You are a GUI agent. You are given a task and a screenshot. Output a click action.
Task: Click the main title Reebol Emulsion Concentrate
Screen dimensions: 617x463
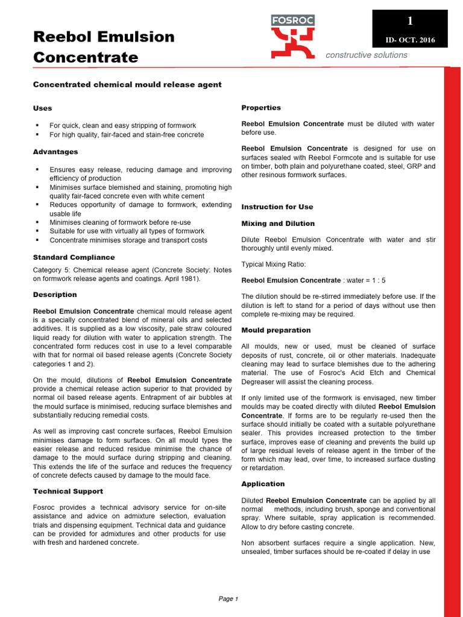[x=103, y=47]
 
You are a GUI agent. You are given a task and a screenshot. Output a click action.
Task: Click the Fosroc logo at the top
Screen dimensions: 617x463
[x=293, y=36]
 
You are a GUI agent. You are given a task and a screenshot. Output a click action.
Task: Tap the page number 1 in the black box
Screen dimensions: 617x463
[x=410, y=21]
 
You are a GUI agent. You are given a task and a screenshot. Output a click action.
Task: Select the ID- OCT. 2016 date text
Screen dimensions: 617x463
[x=410, y=40]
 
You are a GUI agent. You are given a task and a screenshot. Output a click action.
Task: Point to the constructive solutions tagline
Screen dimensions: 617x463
[x=366, y=55]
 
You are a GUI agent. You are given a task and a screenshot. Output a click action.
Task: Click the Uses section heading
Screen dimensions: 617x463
[x=42, y=108]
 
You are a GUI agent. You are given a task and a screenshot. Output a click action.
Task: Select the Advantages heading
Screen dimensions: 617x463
[x=55, y=152]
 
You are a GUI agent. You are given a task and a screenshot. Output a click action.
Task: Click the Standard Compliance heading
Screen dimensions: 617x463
[x=74, y=257]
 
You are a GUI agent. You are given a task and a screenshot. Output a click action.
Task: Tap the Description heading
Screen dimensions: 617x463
[x=55, y=295]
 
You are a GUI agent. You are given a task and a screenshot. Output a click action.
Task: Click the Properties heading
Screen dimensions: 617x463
[x=261, y=108]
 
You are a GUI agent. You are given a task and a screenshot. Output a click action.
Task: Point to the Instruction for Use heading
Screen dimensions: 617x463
[x=277, y=207]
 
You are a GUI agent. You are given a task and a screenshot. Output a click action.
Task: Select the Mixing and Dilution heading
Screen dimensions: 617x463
[x=278, y=224]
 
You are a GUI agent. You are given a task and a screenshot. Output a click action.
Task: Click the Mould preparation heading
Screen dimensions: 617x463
[x=276, y=330]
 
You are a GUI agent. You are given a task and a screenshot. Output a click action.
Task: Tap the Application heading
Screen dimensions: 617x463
[x=263, y=484]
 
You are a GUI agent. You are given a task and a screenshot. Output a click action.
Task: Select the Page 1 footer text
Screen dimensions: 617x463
[x=228, y=599]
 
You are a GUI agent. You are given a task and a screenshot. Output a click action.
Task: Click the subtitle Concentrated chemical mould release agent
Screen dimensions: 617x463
[x=127, y=84]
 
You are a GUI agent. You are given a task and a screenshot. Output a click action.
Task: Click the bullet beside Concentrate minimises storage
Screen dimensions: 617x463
[x=37, y=240]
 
